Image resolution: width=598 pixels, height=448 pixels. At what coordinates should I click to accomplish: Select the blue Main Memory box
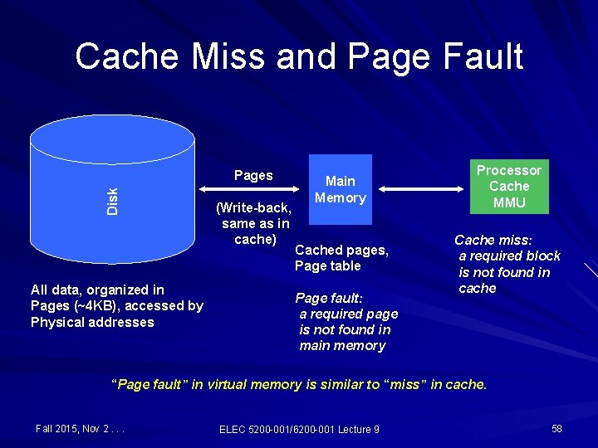click(x=341, y=190)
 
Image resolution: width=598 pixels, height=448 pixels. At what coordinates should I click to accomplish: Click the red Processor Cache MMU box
click(x=508, y=186)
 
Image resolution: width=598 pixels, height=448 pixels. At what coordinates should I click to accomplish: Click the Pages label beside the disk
click(x=253, y=175)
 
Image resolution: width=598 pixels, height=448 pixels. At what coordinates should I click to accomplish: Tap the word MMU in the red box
click(x=508, y=202)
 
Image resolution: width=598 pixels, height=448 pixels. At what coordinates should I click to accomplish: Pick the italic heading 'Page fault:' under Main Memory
click(x=330, y=298)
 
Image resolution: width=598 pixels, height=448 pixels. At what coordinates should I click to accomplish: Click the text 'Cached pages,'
click(x=341, y=250)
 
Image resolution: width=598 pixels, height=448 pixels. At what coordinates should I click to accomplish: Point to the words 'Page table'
click(x=327, y=265)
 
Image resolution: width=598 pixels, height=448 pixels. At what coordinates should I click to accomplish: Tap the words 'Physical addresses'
click(x=92, y=322)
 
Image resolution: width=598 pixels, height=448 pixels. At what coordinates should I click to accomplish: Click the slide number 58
click(x=556, y=428)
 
